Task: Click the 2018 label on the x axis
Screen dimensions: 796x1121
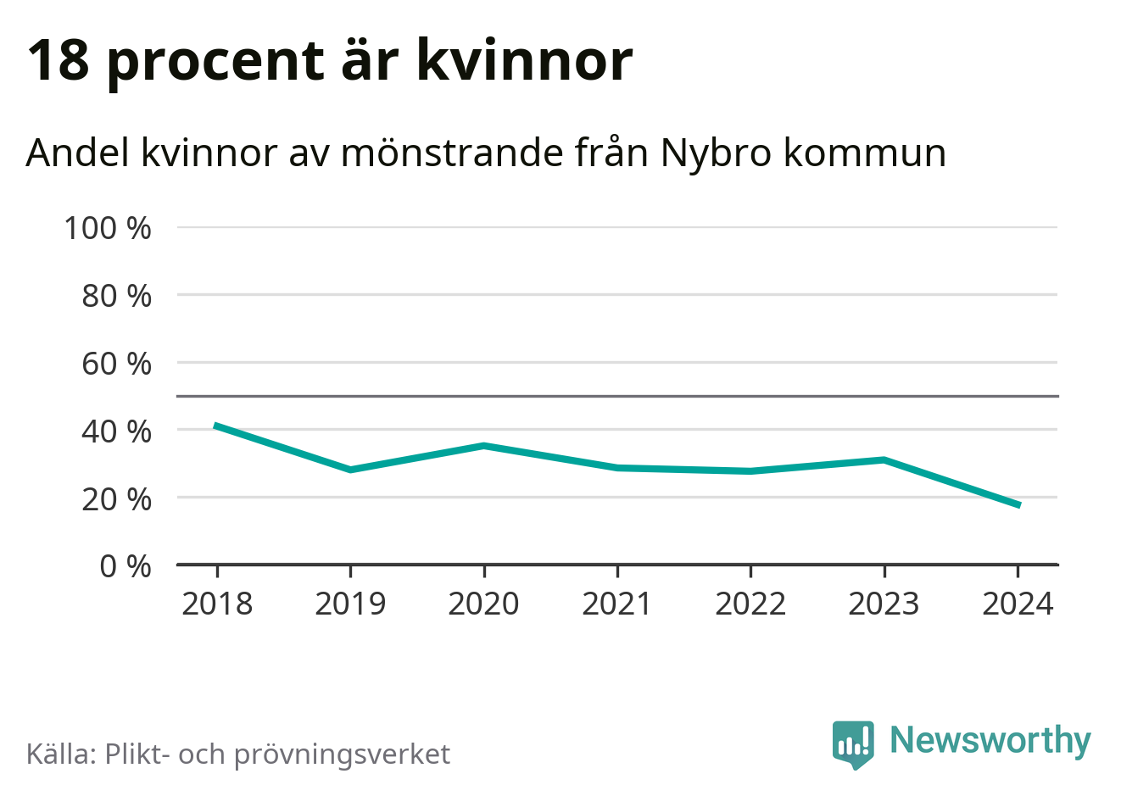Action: pos(217,604)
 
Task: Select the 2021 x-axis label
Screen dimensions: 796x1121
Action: pos(617,604)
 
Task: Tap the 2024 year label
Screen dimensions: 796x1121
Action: pos(1018,604)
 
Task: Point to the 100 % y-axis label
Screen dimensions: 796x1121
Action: pos(108,227)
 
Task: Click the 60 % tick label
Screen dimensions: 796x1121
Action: pos(116,363)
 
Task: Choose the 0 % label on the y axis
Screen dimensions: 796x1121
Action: pos(125,565)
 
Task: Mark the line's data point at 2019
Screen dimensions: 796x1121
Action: pos(350,470)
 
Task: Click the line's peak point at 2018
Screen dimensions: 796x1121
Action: pos(217,426)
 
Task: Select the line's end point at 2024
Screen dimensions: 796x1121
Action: pos(1018,505)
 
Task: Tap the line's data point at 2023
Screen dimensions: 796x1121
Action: pos(884,459)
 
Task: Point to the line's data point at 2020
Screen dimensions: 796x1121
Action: pos(483,445)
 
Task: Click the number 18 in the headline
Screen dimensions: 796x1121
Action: pos(59,61)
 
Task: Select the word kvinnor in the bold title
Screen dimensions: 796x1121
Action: pos(525,61)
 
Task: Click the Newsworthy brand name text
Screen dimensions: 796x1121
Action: pos(990,740)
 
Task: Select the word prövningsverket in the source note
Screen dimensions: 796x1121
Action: pos(342,754)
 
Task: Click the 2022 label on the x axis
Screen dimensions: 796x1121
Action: pos(750,604)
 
